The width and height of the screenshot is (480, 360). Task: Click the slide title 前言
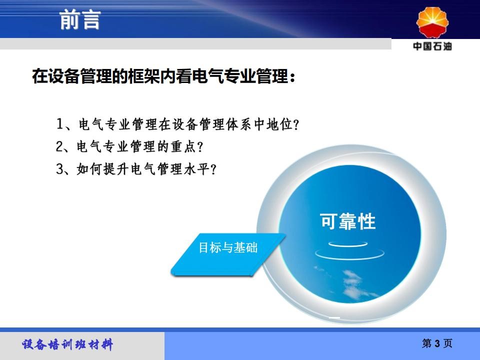pyautogui.click(x=80, y=19)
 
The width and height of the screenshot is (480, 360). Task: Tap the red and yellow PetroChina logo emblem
pyautogui.click(x=432, y=22)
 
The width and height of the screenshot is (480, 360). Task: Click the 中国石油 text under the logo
pyautogui.click(x=432, y=46)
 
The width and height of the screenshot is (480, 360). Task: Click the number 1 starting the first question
pyautogui.click(x=60, y=124)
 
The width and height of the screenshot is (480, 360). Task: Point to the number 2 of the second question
pyautogui.click(x=59, y=146)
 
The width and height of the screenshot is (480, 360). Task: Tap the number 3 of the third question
pyautogui.click(x=59, y=168)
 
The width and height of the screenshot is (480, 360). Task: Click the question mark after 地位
pyautogui.click(x=296, y=124)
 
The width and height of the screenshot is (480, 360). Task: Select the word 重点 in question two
pyautogui.click(x=183, y=146)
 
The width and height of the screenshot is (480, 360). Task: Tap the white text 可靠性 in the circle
pyautogui.click(x=348, y=221)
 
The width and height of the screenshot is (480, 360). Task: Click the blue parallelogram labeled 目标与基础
pyautogui.click(x=228, y=254)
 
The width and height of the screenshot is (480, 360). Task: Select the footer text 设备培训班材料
pyautogui.click(x=67, y=344)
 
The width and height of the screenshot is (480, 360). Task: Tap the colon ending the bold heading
pyautogui.click(x=292, y=77)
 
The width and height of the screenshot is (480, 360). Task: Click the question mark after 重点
pyautogui.click(x=200, y=147)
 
